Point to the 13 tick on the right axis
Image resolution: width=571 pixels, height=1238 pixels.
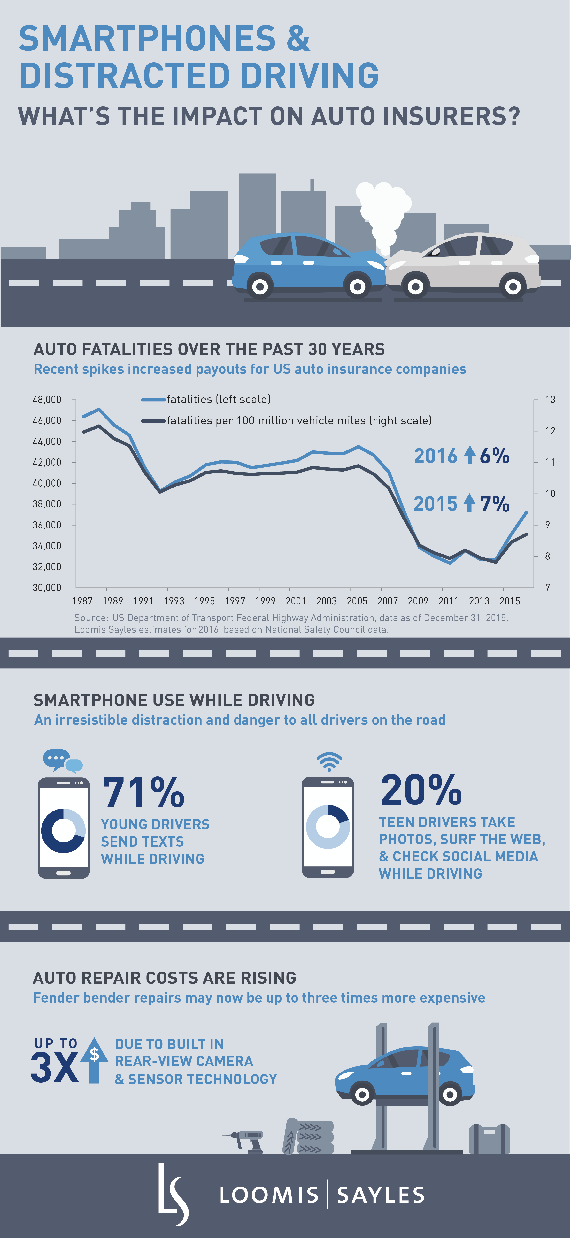pyautogui.click(x=550, y=399)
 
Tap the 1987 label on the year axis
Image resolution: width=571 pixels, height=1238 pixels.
pyautogui.click(x=82, y=601)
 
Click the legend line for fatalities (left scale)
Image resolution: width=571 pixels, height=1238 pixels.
pyautogui.click(x=153, y=399)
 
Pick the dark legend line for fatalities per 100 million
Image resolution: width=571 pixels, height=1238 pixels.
pyautogui.click(x=153, y=421)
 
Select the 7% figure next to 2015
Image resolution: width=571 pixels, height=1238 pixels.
pyautogui.click(x=494, y=504)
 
